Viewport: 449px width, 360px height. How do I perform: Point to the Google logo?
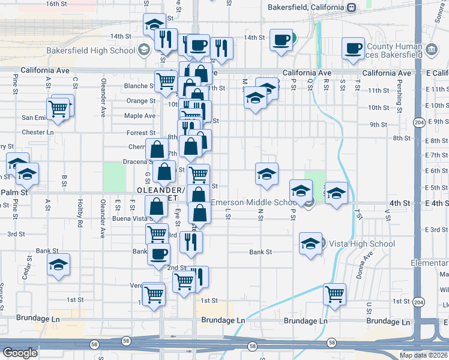[20, 353]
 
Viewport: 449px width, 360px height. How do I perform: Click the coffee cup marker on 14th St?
[280, 40]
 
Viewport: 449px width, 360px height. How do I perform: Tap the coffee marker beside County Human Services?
[354, 48]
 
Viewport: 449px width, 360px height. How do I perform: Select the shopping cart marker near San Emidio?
[58, 109]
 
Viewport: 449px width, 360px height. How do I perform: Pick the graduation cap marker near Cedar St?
[58, 265]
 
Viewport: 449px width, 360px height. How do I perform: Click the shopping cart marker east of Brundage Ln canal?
[334, 295]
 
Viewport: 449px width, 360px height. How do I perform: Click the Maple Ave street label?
[140, 116]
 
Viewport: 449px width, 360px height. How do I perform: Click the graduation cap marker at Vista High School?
[310, 244]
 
